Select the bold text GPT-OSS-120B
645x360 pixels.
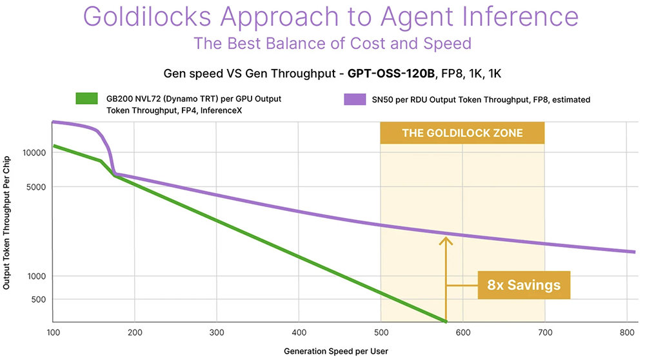(x=390, y=74)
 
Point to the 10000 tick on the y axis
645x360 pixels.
(x=32, y=153)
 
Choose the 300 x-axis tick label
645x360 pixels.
(x=217, y=333)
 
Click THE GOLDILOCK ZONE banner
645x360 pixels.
(x=462, y=134)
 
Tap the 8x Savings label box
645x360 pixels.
(x=524, y=285)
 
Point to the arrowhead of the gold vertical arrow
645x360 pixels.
(x=446, y=241)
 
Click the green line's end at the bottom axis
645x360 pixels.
(x=444, y=321)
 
